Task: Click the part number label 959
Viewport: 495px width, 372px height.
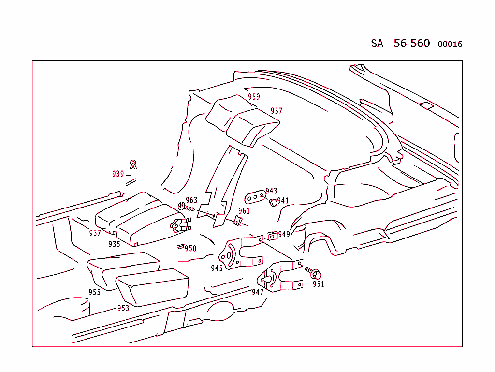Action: [x=254, y=97]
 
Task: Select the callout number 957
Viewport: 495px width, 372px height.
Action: [x=276, y=111]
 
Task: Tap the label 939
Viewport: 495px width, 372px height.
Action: [x=118, y=174]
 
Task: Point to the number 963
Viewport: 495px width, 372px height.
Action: [x=191, y=200]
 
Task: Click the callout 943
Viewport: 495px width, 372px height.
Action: [x=271, y=191]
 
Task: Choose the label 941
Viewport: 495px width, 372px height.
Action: [x=283, y=201]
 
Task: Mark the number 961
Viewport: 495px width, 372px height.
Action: [x=244, y=211]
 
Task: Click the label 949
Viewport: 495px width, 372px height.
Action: [x=284, y=234]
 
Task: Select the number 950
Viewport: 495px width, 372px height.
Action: [x=190, y=248]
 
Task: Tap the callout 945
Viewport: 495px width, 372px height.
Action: [x=217, y=268]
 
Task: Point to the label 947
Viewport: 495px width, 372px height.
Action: [x=258, y=292]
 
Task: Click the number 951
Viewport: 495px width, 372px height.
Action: [x=318, y=284]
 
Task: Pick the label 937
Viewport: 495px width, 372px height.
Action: [x=95, y=233]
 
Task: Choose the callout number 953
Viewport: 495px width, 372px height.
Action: [x=123, y=308]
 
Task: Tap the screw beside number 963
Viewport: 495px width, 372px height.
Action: [x=186, y=207]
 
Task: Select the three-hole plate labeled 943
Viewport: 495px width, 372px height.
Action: [x=255, y=197]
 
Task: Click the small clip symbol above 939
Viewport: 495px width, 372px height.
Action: [x=133, y=164]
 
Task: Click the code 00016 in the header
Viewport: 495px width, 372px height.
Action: [x=450, y=45]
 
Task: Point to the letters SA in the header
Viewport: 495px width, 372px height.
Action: [x=377, y=44]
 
